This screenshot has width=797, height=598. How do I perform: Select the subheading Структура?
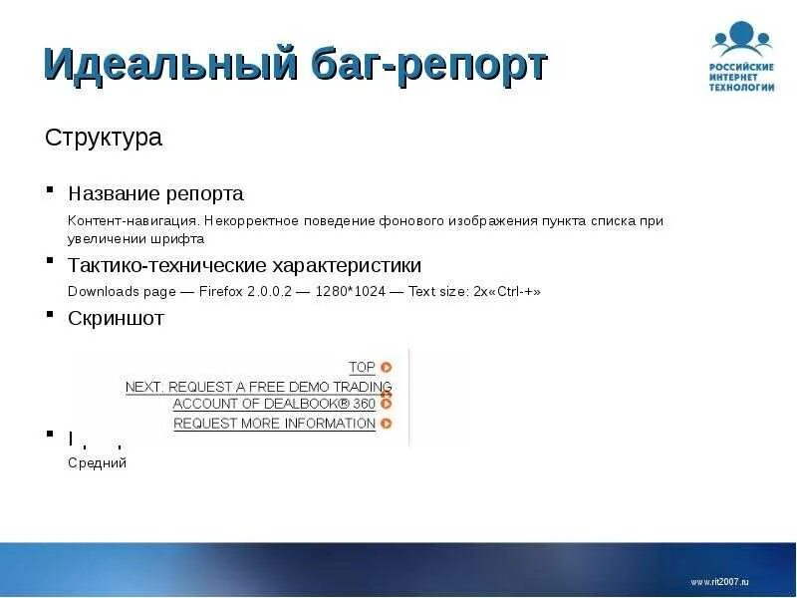tap(104, 138)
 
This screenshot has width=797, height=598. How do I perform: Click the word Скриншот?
tap(116, 318)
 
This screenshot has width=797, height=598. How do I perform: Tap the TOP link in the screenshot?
tap(362, 367)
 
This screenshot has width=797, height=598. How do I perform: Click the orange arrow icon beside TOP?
tap(386, 367)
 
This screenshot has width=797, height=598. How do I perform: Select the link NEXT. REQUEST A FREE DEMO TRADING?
tap(258, 386)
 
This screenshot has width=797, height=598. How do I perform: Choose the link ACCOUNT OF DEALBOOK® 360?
tap(274, 404)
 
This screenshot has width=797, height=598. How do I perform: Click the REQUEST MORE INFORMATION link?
tap(274, 423)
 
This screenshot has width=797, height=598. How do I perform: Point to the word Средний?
tap(97, 462)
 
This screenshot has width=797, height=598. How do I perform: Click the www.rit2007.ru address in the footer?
tap(718, 581)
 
